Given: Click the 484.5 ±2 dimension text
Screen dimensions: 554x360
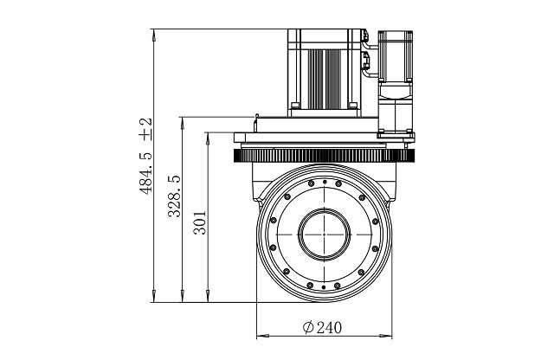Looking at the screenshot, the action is pos(145,156).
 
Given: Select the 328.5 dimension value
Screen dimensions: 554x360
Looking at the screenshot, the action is pos(174,196).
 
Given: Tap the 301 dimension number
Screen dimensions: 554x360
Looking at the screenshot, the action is pos(200,222).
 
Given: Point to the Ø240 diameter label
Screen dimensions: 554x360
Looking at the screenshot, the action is pos(322,327).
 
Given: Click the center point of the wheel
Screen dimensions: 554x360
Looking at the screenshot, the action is pos(324,235).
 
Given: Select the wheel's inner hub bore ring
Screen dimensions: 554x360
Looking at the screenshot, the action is pos(324,235).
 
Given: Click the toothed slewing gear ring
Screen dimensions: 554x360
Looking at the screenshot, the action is pos(324,156).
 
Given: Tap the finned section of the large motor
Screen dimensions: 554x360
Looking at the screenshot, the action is pos(325,79).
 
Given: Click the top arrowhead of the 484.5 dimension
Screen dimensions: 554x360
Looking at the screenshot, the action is pos(154,35).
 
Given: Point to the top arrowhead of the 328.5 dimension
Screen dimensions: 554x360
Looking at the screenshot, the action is pos(183,123).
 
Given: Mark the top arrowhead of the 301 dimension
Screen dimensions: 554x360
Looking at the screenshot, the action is pos(208,138).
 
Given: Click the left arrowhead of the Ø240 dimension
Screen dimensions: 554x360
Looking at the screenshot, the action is pos(262,336).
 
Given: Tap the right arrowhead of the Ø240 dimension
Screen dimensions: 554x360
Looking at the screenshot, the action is pos(386,336).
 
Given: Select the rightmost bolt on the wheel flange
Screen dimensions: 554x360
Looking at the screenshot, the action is pos(375,222).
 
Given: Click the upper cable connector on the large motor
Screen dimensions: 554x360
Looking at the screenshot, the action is pos(364,35).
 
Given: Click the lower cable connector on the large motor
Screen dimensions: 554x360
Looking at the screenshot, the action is pos(365,60).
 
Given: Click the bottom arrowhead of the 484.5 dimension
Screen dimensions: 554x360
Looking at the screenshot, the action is pos(154,296).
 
